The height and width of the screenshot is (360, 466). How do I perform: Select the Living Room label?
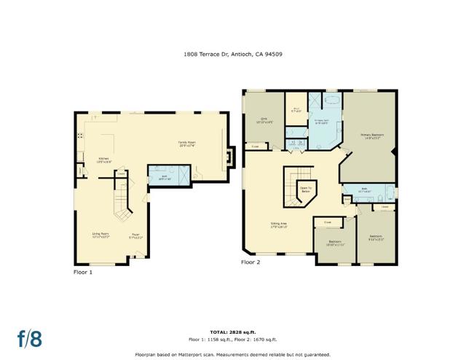100,235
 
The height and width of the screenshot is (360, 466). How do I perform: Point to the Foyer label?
135,235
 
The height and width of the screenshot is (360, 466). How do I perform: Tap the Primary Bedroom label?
371,136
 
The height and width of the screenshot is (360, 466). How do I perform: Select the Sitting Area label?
279,225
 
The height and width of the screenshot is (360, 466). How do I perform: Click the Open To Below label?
306,189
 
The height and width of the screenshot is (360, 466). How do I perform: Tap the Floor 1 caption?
83,271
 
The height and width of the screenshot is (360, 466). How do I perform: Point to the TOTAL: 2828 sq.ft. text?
232,330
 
